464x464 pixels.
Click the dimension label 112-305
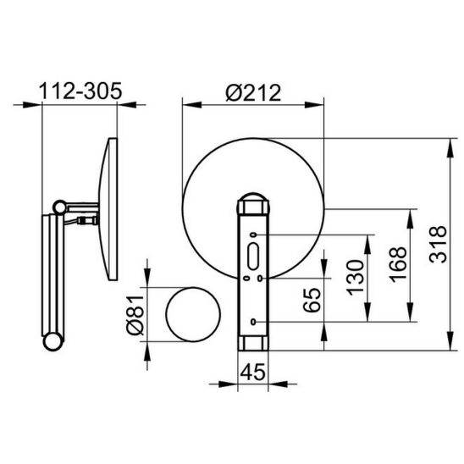(80, 91)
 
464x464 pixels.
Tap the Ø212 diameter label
(253, 93)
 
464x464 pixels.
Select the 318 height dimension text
(438, 245)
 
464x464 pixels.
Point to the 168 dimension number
(398, 264)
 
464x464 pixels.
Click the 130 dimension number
(355, 278)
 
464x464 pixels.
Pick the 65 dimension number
(312, 300)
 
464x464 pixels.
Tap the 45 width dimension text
(253, 372)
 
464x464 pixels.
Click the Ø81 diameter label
(135, 315)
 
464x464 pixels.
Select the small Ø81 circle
(193, 315)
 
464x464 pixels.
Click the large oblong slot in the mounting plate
(253, 257)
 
